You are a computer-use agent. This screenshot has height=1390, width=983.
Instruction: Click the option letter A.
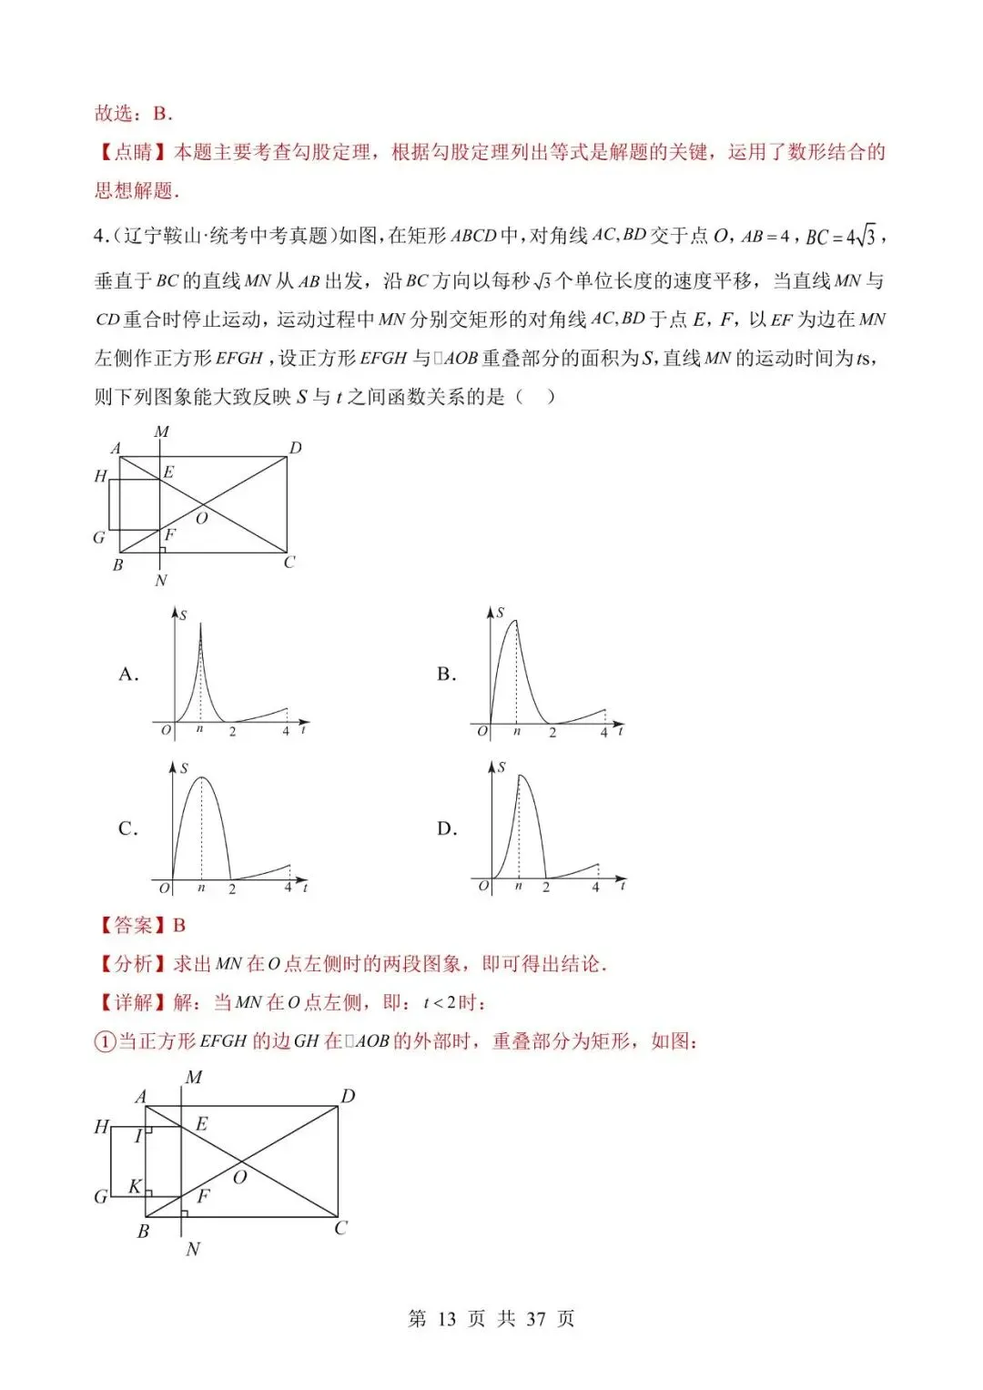pyautogui.click(x=128, y=675)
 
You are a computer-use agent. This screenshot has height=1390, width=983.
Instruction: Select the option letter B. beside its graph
pyautogui.click(x=446, y=675)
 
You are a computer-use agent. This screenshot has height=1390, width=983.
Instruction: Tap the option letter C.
pyautogui.click(x=128, y=829)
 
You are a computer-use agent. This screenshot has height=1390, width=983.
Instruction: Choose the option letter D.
pyautogui.click(x=446, y=829)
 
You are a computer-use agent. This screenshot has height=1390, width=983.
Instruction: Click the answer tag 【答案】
pyautogui.click(x=133, y=926)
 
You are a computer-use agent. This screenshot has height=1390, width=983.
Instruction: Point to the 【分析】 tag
pyautogui.click(x=133, y=964)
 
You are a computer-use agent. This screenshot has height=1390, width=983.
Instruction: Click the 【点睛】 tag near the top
pyautogui.click(x=133, y=152)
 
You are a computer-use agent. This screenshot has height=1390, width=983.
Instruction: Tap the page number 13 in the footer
pyautogui.click(x=446, y=1319)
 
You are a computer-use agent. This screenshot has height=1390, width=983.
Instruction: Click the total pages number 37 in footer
pyautogui.click(x=536, y=1319)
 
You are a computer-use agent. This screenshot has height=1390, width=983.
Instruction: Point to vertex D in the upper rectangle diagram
pyautogui.click(x=295, y=448)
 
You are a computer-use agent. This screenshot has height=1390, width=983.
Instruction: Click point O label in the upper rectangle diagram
pyautogui.click(x=202, y=518)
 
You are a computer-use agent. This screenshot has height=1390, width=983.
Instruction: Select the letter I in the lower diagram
pyautogui.click(x=138, y=1136)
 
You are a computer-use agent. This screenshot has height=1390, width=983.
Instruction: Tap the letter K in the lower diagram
pyautogui.click(x=135, y=1186)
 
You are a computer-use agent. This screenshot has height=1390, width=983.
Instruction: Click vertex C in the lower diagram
pyautogui.click(x=340, y=1228)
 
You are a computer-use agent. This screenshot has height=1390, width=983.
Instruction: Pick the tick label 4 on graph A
pyautogui.click(x=286, y=731)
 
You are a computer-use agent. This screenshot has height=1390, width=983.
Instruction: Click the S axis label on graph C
pyautogui.click(x=184, y=769)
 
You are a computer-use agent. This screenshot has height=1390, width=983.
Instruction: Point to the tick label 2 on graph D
pyautogui.click(x=546, y=887)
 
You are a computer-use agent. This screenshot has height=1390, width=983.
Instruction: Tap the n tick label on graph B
pyautogui.click(x=516, y=731)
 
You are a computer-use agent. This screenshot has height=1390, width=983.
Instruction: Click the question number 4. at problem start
pyautogui.click(x=102, y=237)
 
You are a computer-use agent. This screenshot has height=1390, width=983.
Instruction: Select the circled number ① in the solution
pyautogui.click(x=105, y=1041)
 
